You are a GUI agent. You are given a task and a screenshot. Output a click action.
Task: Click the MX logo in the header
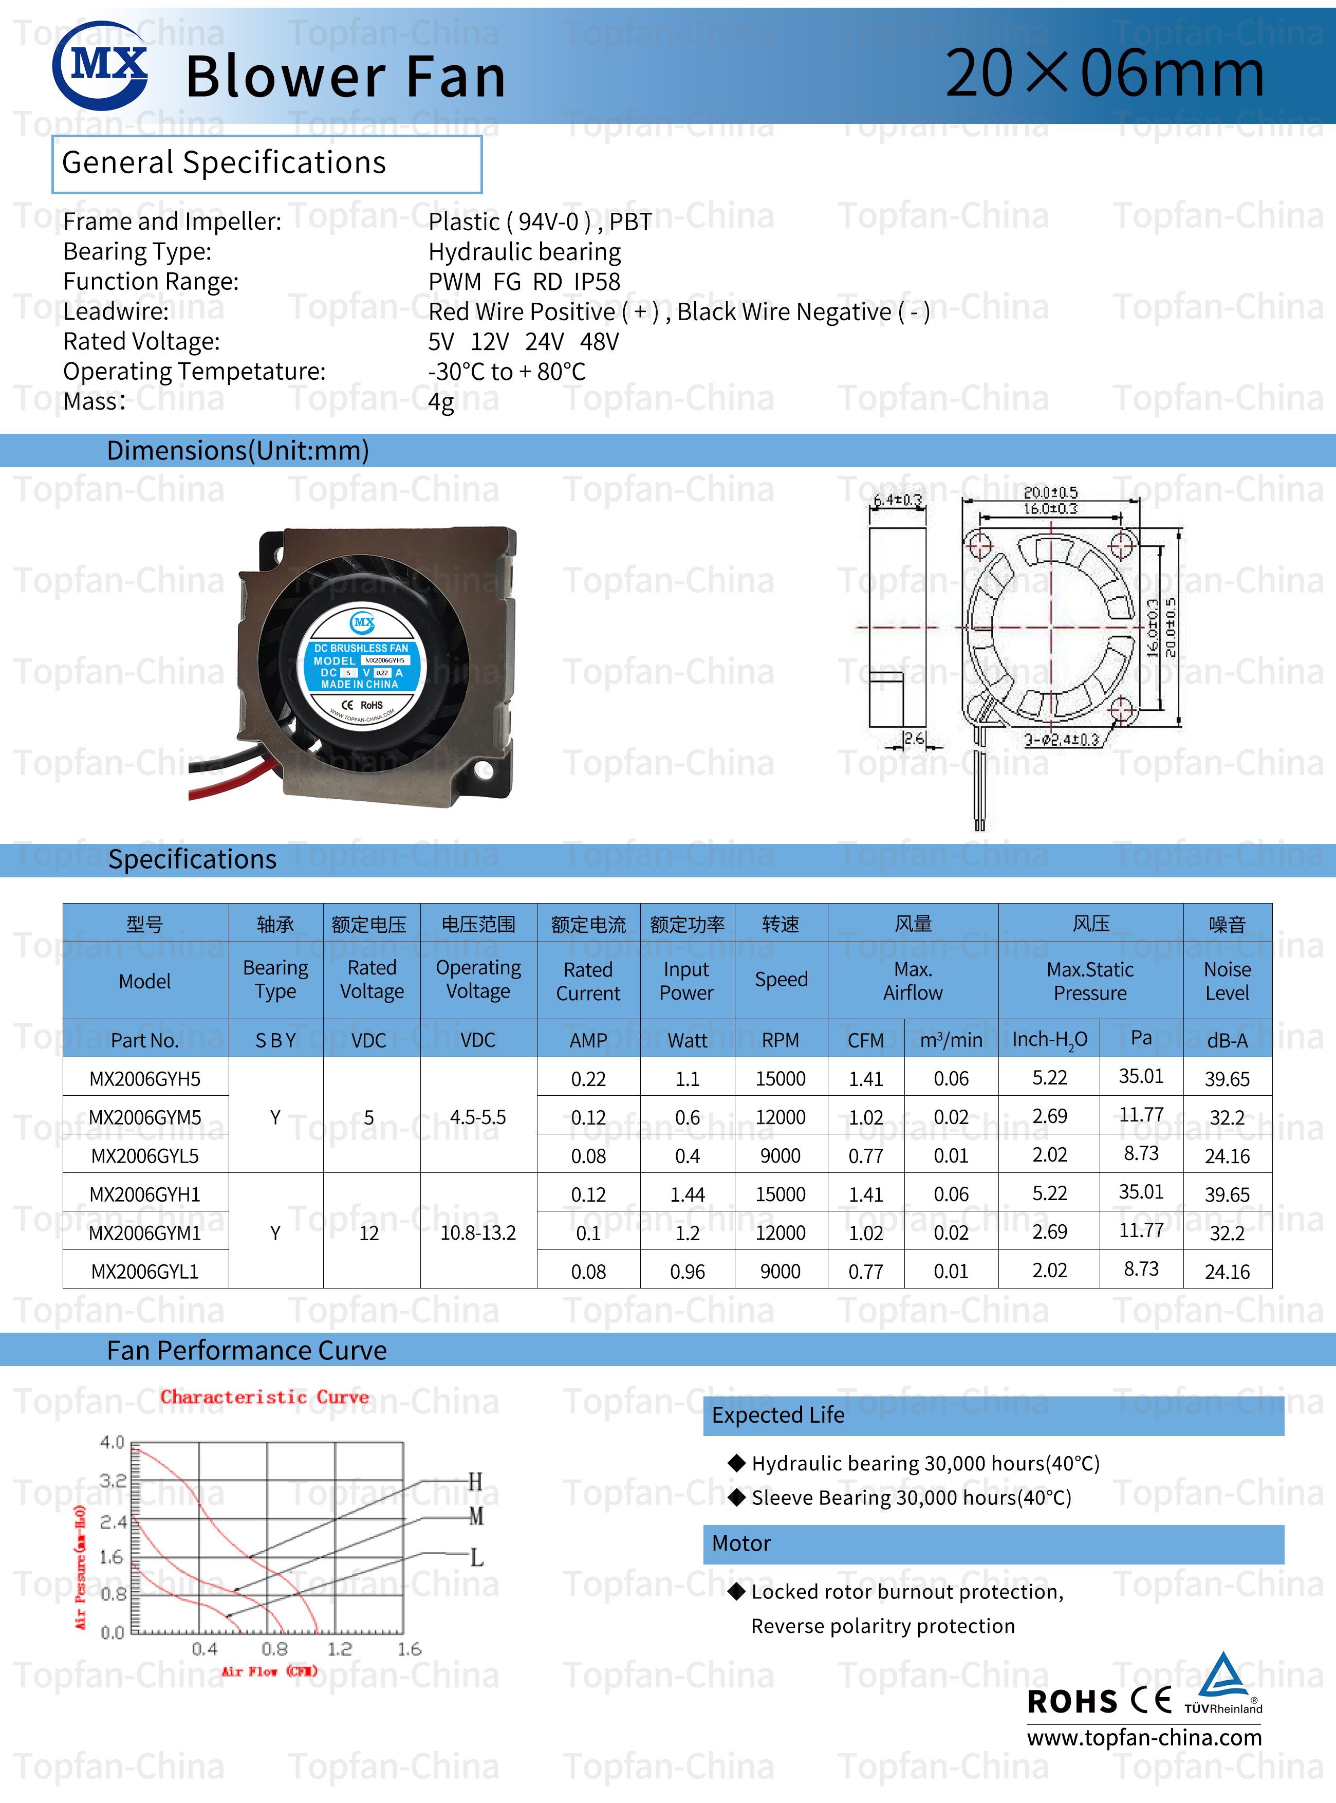pyautogui.click(x=100, y=65)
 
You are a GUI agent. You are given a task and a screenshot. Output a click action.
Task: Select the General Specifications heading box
pyautogui.click(x=266, y=163)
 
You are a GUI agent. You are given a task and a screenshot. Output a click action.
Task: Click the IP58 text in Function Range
pyautogui.click(x=597, y=282)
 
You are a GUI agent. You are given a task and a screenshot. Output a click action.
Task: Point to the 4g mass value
pyautogui.click(x=441, y=401)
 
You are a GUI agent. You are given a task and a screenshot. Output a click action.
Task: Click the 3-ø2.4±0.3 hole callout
pyautogui.click(x=1061, y=739)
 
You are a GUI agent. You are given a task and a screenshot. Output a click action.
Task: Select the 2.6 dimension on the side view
pyautogui.click(x=914, y=738)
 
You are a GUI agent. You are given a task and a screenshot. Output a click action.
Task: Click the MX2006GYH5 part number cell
pyautogui.click(x=145, y=1078)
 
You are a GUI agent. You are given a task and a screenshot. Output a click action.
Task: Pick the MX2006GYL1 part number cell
pyautogui.click(x=145, y=1271)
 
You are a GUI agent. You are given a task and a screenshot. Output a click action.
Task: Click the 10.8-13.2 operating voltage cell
pyautogui.click(x=478, y=1232)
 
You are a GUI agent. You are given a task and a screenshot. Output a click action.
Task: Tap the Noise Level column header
pyautogui.click(x=1227, y=980)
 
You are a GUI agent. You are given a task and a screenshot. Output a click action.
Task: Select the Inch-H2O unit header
pyautogui.click(x=1049, y=1039)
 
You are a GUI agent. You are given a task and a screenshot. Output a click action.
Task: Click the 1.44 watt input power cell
pyautogui.click(x=688, y=1194)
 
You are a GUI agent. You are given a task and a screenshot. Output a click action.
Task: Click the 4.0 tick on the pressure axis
pyautogui.click(x=112, y=1442)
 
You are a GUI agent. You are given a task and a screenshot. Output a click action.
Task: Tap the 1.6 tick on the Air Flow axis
pyautogui.click(x=409, y=1648)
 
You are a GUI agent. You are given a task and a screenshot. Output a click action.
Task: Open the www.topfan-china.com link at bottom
pyautogui.click(x=1143, y=1737)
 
